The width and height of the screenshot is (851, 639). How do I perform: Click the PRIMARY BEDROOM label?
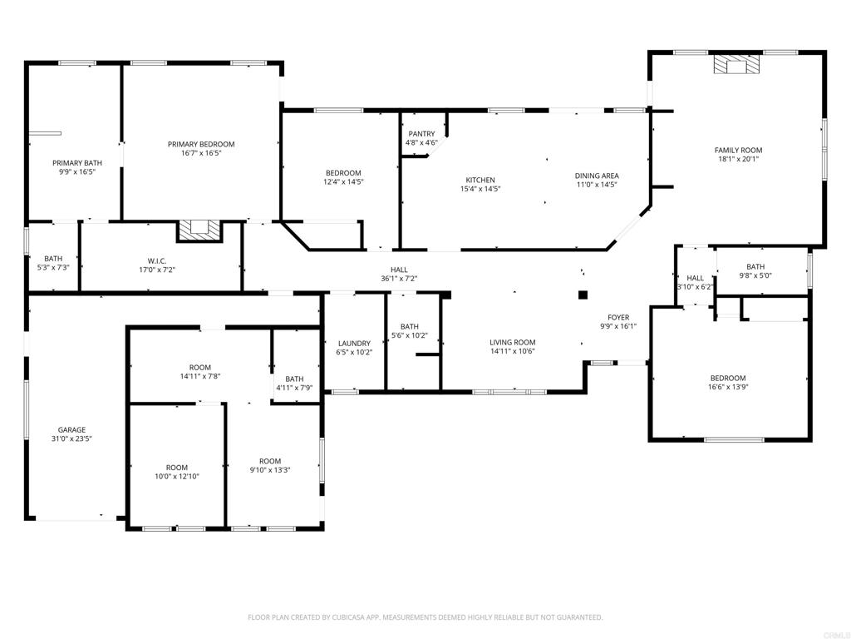click(x=200, y=144)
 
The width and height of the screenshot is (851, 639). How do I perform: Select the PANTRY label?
click(x=421, y=134)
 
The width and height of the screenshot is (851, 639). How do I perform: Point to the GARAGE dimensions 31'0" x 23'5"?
click(x=71, y=438)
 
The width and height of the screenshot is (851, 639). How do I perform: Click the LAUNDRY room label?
click(x=354, y=343)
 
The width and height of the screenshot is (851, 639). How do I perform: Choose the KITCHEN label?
click(x=480, y=180)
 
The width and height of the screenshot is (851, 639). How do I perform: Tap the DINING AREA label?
click(x=597, y=176)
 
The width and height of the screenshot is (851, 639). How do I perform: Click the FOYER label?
click(x=618, y=317)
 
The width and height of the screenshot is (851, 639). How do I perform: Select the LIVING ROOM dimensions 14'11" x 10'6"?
click(x=512, y=351)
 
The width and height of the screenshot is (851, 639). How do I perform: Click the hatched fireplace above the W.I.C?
click(x=199, y=230)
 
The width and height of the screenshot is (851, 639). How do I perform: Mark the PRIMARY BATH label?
click(x=77, y=163)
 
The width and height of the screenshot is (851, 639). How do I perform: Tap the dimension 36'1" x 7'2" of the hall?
click(x=399, y=279)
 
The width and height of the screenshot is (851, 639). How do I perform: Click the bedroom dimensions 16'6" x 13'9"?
click(x=727, y=387)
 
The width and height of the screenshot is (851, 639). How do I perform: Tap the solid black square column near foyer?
click(x=583, y=294)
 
